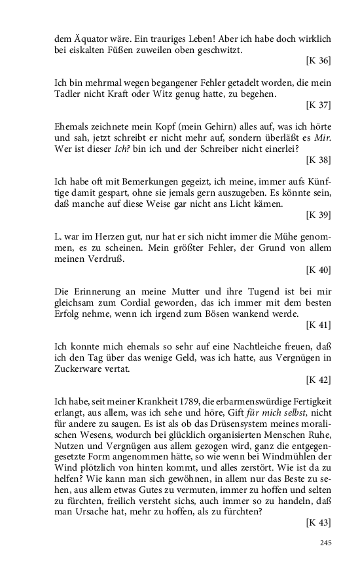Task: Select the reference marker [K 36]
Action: tap(318, 61)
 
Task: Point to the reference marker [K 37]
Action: tap(318, 105)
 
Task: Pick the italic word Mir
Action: tap(323, 138)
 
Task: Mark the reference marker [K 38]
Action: tap(318, 160)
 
